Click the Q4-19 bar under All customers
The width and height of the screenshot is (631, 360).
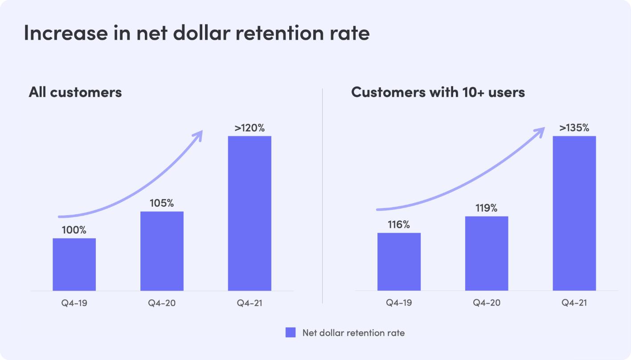coord(74,264)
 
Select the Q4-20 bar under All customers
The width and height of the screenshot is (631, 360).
coord(162,251)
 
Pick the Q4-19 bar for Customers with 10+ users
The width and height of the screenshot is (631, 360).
coord(399,262)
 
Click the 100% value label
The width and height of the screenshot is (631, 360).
coord(74,230)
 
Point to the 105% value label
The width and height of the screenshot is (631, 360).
coord(162,203)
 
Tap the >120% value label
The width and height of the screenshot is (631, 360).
coord(250,128)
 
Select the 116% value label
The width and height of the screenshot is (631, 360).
coord(399,225)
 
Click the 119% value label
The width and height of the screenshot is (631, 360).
coord(487,208)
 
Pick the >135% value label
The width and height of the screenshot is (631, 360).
coord(574,128)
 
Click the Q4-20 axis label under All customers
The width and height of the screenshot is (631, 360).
coord(162,303)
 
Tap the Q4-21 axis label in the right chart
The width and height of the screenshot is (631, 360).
coord(574,303)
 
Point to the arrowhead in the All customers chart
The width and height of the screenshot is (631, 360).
coord(198,135)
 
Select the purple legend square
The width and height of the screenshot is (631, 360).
coord(291,332)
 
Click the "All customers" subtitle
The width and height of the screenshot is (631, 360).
coord(75,92)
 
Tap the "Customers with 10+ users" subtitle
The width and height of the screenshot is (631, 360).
coord(438,92)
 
